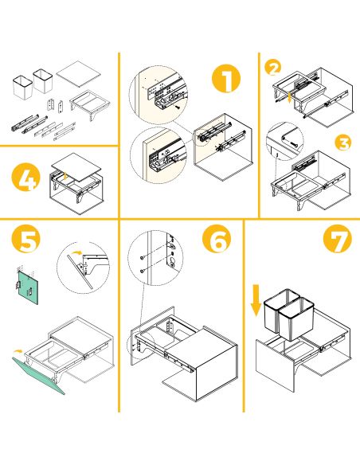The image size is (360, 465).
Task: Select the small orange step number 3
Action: point(342,143)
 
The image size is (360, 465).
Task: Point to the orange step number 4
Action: point(27,179)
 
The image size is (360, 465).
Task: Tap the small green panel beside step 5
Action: point(29,284)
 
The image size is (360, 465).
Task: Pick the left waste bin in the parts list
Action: point(22,85)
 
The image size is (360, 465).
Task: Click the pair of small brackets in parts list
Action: point(54,104)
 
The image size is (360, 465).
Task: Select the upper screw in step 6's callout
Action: point(141,257)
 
